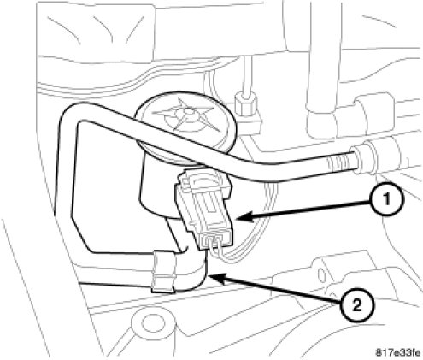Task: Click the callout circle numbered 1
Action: point(386,199)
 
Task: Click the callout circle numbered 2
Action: point(357,305)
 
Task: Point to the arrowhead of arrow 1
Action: point(244,217)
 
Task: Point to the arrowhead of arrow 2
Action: point(217,277)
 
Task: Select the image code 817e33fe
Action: point(397,352)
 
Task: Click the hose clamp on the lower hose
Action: point(163,272)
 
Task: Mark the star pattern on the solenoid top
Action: point(185,115)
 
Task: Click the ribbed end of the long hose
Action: point(340,163)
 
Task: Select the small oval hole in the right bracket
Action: point(322,275)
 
